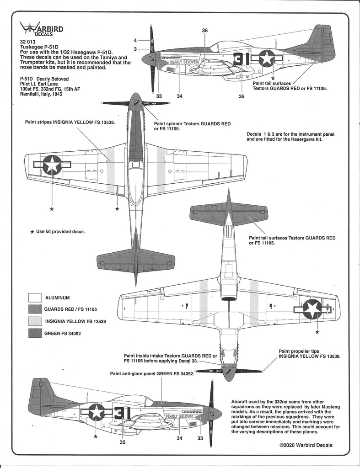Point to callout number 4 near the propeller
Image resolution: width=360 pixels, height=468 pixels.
135,40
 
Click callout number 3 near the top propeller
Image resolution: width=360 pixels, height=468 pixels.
135,49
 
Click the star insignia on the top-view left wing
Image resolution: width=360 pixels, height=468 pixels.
53,165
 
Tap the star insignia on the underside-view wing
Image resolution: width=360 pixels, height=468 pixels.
313,309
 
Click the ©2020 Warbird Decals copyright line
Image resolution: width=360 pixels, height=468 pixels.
306,445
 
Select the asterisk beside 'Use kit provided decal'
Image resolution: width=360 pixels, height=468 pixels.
32,232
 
